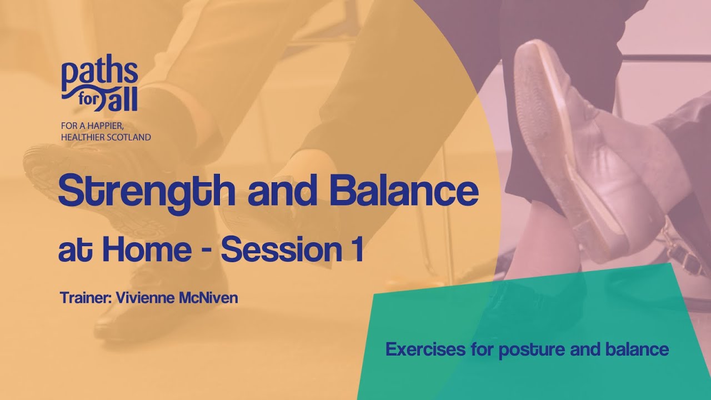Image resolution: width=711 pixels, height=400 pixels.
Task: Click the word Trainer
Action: pos(85,298)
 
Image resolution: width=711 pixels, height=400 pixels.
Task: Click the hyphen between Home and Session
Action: pos(205,251)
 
